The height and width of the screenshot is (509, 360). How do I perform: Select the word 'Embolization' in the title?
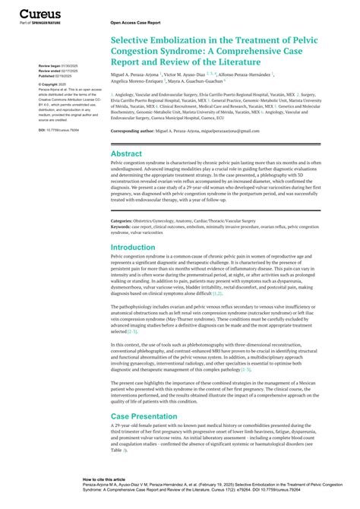(176, 45)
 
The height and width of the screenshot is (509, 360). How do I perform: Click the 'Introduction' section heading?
(133, 248)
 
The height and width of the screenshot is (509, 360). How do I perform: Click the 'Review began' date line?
(55, 67)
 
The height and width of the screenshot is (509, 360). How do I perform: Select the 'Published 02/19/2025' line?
(55, 76)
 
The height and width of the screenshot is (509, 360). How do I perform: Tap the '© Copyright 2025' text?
(54, 84)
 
